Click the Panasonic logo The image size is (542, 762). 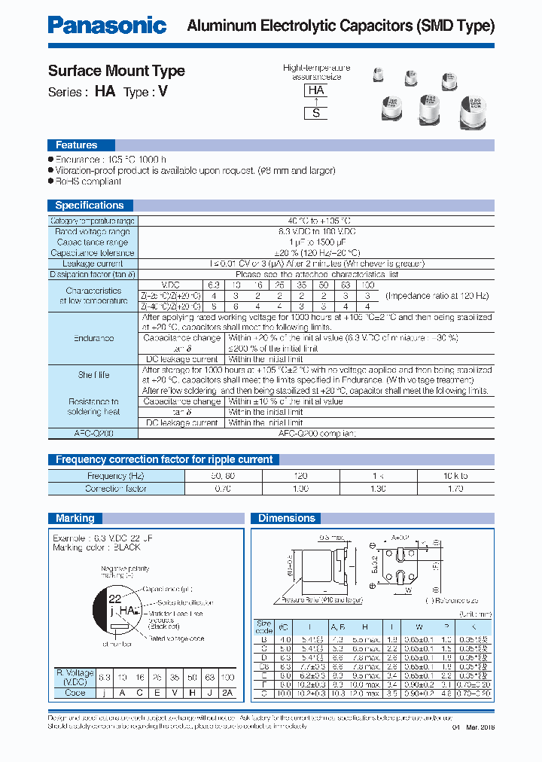[107, 26]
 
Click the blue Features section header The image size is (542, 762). [76, 145]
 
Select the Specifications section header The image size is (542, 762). [89, 205]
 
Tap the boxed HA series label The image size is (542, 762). [316, 90]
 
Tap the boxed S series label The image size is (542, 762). [316, 114]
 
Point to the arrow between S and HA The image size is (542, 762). [316, 102]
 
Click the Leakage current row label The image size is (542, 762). [93, 264]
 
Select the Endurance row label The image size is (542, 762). [94, 339]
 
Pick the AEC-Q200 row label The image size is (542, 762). [94, 434]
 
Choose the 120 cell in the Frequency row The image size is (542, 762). [300, 476]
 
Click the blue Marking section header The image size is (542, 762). [75, 518]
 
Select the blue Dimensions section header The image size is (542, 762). [287, 518]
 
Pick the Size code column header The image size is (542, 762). [263, 626]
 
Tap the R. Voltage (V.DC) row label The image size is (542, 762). [75, 677]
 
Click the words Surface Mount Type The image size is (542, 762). [116, 71]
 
